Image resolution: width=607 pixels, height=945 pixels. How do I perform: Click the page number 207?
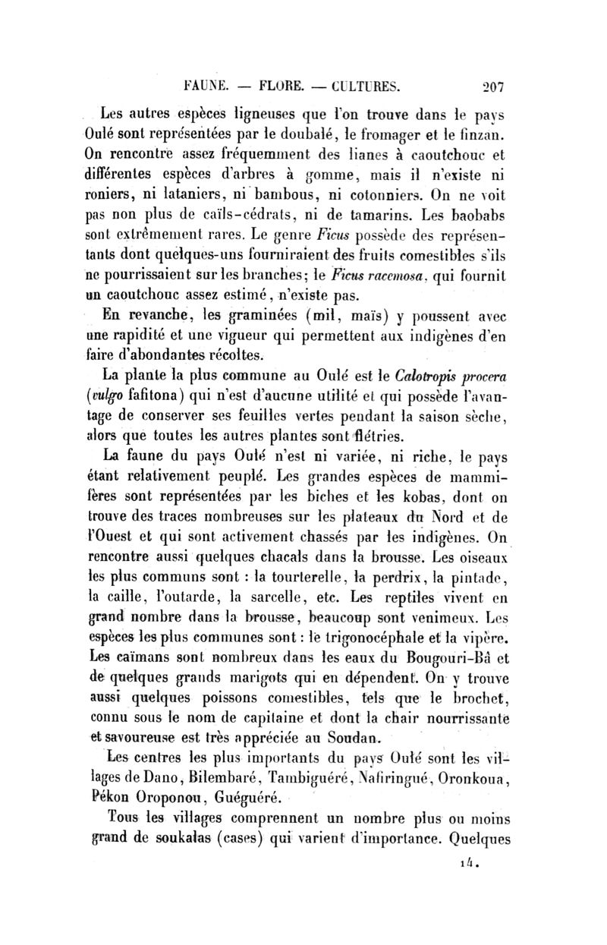[480, 83]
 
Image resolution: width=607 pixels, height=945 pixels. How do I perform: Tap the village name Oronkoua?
[476, 778]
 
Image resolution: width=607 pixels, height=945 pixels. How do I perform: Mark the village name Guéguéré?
[246, 798]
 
